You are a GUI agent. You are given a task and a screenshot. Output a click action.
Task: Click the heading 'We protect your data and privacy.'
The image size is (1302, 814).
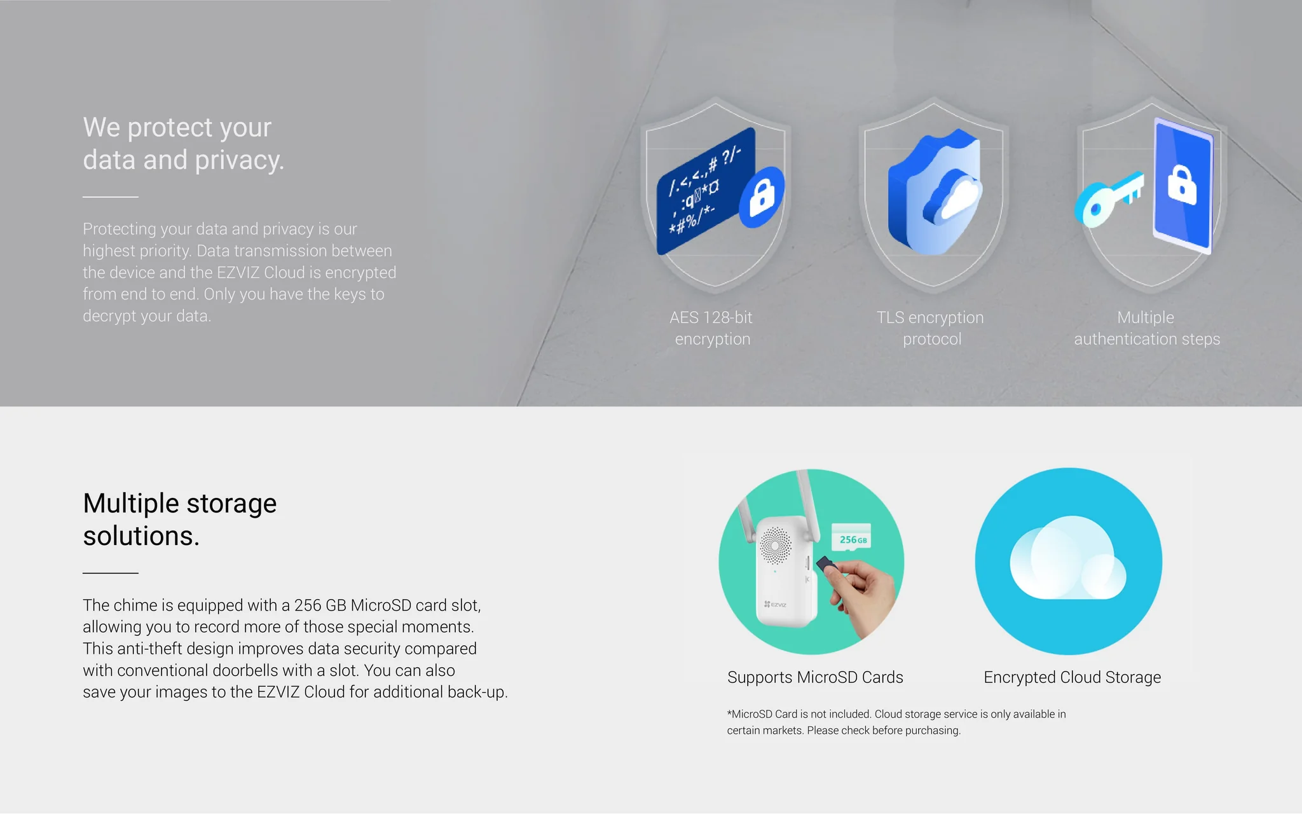click(184, 144)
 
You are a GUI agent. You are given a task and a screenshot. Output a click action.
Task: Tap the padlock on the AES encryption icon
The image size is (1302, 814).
click(762, 197)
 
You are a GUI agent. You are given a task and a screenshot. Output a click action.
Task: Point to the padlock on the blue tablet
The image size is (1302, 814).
click(1182, 185)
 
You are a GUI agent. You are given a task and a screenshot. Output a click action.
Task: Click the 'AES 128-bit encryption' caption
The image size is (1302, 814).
click(711, 328)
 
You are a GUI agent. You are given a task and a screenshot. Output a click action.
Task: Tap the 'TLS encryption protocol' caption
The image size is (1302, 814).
click(931, 328)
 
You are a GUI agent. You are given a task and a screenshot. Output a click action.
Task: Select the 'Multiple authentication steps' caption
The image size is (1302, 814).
click(1147, 328)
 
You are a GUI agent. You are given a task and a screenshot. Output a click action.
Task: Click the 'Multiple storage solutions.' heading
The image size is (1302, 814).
click(180, 520)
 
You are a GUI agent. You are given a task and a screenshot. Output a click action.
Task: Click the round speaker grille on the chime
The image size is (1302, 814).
click(776, 545)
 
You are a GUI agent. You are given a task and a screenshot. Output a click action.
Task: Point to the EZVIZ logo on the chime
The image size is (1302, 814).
click(775, 604)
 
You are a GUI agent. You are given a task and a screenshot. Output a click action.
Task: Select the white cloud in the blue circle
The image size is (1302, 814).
click(1068, 558)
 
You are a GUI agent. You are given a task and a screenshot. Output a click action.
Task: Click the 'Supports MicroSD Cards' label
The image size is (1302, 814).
click(815, 677)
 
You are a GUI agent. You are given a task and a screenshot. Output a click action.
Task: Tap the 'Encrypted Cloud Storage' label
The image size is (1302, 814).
click(1072, 677)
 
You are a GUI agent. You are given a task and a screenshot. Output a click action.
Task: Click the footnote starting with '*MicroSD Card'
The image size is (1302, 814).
click(896, 722)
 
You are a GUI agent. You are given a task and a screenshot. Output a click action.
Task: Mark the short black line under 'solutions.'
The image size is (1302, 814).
click(111, 573)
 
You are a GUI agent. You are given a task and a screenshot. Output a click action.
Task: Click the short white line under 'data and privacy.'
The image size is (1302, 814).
click(111, 197)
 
